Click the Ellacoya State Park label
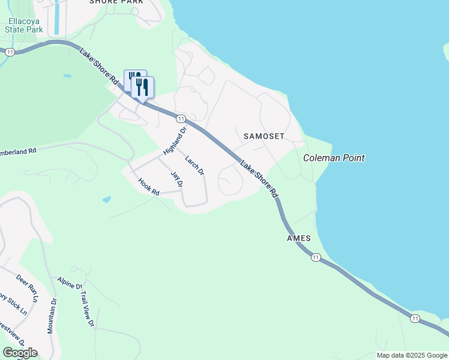pyautogui.click(x=25, y=25)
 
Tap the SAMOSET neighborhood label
pyautogui.click(x=264, y=136)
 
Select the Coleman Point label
pyautogui.click(x=334, y=158)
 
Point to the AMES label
pyautogui.click(x=298, y=238)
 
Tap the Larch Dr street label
pyautogui.click(x=194, y=166)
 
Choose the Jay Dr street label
pyautogui.click(x=176, y=180)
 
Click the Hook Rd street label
pyautogui.click(x=148, y=187)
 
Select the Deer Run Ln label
pyautogui.click(x=27, y=287)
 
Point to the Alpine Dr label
pyautogui.click(x=70, y=283)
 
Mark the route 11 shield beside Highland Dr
pyautogui.click(x=181, y=119)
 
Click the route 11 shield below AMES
pyautogui.click(x=316, y=257)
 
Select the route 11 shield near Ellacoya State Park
pyautogui.click(x=10, y=52)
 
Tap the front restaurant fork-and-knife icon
pyautogui.click(x=142, y=86)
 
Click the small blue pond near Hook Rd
pyautogui.click(x=106, y=199)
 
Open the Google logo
pyautogui.click(x=20, y=352)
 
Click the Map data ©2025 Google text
pyautogui.click(x=411, y=355)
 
